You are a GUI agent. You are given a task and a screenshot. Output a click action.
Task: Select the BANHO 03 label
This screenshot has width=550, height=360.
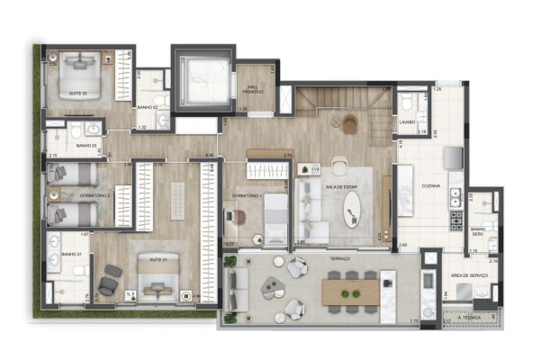86,145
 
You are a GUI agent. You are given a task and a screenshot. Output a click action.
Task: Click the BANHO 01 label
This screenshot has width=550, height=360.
72,255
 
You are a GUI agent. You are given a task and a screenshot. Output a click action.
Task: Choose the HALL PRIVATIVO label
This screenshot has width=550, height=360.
253,90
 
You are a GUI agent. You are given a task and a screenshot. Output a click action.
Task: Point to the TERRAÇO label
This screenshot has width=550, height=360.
339,257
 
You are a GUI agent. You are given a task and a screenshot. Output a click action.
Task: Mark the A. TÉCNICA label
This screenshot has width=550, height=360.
469,318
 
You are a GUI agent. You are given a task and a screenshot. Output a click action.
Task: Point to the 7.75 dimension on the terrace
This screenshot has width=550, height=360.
413,321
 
